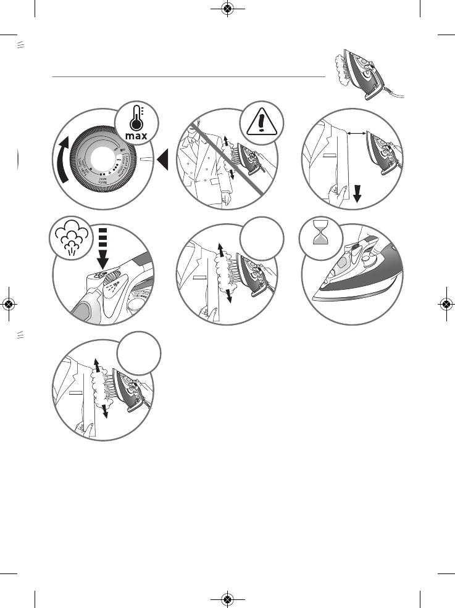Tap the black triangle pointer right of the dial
[163, 162]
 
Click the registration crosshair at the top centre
[227, 9]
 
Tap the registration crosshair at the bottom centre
[227, 599]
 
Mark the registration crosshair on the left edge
[9, 304]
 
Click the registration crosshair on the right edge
[446, 304]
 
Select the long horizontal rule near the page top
[189, 77]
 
